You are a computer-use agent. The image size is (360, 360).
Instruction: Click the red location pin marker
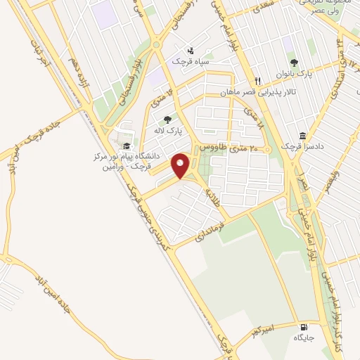pos(181,165)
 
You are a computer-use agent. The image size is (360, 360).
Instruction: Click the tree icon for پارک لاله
pos(167,120)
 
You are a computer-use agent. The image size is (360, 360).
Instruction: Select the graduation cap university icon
pos(126,146)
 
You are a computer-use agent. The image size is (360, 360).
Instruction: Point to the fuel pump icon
pos(303,327)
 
